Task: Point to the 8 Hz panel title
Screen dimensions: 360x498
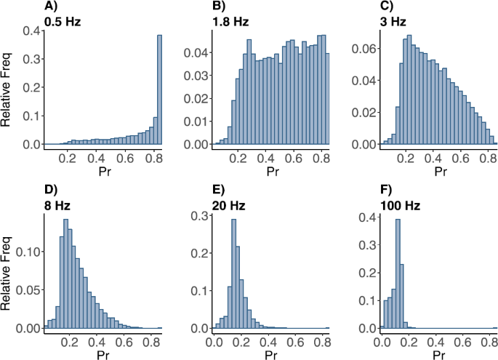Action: coord(57,205)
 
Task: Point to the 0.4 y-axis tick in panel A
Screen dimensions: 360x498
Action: coord(31,31)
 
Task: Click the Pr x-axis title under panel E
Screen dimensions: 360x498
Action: coord(270,354)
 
